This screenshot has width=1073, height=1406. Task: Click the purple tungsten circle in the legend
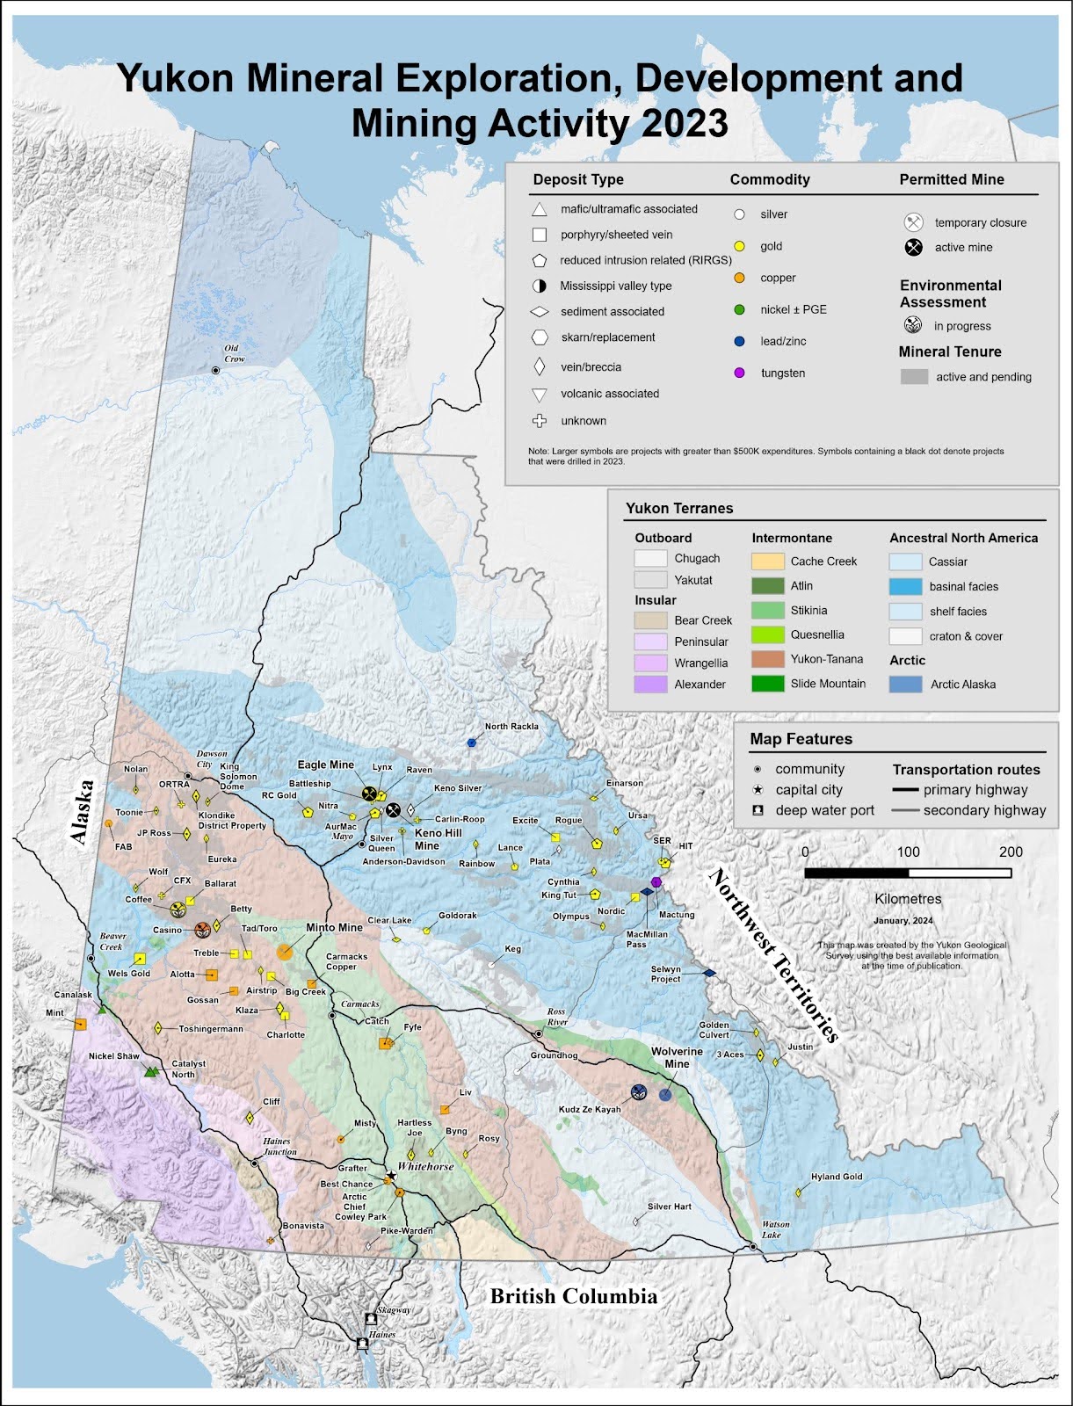pyautogui.click(x=739, y=373)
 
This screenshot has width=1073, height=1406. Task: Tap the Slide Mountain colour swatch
pyautogui.click(x=767, y=684)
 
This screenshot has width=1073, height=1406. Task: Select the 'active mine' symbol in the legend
pyautogui.click(x=914, y=247)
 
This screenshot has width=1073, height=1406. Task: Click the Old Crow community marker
pyautogui.click(x=215, y=371)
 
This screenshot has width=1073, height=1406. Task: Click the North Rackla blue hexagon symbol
pyautogui.click(x=471, y=743)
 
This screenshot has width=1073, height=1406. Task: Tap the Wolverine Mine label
pyautogui.click(x=677, y=1057)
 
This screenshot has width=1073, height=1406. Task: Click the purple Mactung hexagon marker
pyautogui.click(x=656, y=881)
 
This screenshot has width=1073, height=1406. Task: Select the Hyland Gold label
pyautogui.click(x=836, y=1177)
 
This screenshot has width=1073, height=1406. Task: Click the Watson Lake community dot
pyautogui.click(x=753, y=1247)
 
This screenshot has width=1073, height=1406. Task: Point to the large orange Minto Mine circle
pyautogui.click(x=285, y=951)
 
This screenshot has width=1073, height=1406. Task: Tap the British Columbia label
pyautogui.click(x=573, y=1296)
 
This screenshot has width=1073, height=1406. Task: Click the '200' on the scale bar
pyautogui.click(x=1011, y=852)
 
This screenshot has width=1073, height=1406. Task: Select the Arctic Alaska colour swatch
pyautogui.click(x=905, y=684)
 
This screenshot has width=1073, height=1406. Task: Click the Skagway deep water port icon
pyautogui.click(x=370, y=1319)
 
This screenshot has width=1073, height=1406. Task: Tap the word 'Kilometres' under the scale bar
pyautogui.click(x=908, y=899)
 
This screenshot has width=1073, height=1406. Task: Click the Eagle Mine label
pyautogui.click(x=325, y=765)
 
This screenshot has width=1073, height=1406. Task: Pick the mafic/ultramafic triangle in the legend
pyautogui.click(x=540, y=209)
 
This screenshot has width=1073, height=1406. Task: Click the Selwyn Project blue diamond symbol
pyautogui.click(x=710, y=973)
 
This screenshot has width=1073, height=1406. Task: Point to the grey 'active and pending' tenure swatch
pyautogui.click(x=914, y=377)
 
